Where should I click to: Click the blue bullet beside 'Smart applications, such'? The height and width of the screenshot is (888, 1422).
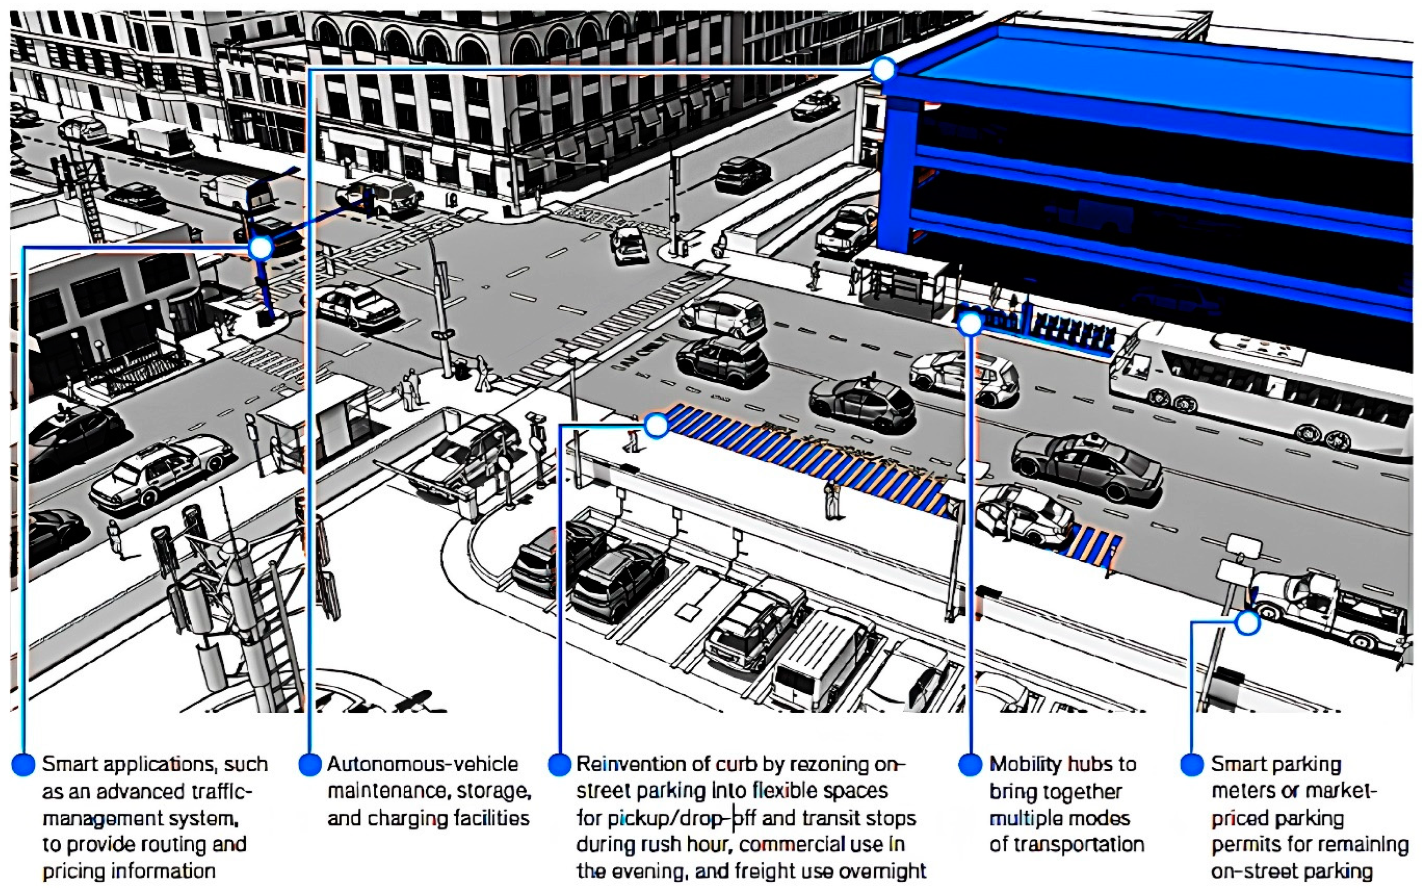tap(24, 764)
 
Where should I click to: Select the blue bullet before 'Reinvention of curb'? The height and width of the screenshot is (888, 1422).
tap(559, 764)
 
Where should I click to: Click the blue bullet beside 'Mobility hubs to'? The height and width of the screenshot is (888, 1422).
tap(970, 764)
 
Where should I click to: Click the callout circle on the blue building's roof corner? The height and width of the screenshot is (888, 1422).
tap(883, 69)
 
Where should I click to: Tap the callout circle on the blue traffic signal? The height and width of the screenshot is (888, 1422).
tap(261, 248)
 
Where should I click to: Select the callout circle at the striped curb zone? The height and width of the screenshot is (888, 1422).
tap(656, 424)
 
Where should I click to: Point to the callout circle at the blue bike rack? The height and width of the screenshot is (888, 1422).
tap(970, 323)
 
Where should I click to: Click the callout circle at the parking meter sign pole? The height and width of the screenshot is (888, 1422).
tap(1247, 623)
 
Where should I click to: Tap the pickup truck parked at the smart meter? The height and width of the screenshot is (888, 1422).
tap(1328, 611)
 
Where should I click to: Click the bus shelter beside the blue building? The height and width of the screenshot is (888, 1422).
tap(902, 282)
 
